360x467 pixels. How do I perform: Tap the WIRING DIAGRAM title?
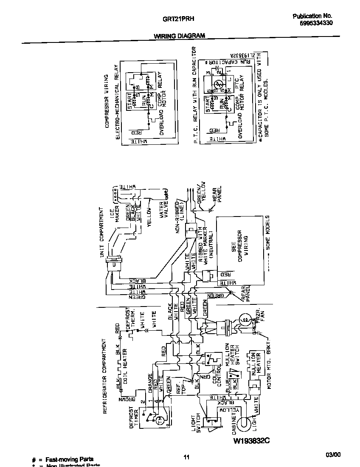(x=179, y=36)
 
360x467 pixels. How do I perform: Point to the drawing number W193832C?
(x=251, y=441)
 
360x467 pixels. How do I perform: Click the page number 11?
(x=186, y=457)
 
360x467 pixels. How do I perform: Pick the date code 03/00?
(x=333, y=455)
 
